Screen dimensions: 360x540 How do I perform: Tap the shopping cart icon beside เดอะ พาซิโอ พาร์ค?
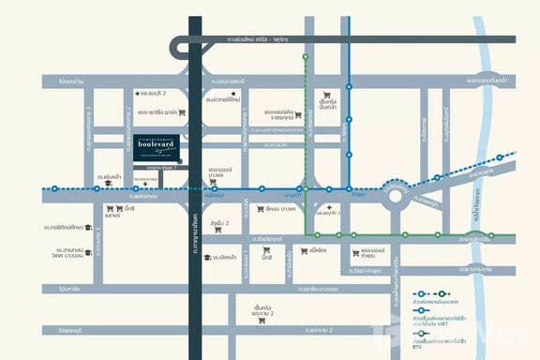pos(182,113)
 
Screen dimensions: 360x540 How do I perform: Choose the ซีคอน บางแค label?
pos(280,208)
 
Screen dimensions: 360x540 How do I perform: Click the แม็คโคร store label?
pos(314,250)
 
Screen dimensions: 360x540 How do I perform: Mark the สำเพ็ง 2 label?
pos(221,222)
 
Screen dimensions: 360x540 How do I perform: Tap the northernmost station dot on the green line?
pos(305,57)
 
